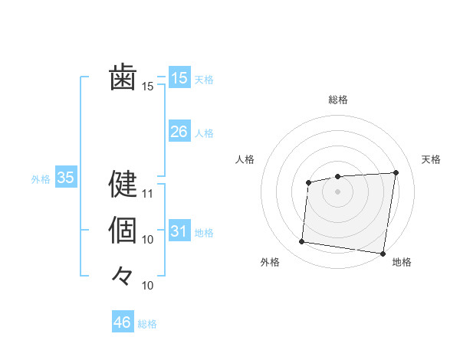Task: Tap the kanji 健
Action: (123, 183)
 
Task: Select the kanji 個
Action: (123, 229)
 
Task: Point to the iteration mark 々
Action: (123, 275)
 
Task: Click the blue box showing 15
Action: (179, 77)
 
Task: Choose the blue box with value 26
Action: (179, 132)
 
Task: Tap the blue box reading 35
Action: (66, 178)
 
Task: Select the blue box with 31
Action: (179, 231)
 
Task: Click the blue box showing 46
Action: (123, 322)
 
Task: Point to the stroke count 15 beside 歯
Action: (148, 87)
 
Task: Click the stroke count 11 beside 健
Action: (148, 194)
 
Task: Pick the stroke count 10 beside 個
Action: (148, 240)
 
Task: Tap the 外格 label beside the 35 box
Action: (41, 179)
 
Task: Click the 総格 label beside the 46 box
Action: (147, 324)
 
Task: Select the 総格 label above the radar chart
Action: (338, 100)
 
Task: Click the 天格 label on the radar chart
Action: (431, 159)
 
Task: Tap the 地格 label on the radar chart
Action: (402, 262)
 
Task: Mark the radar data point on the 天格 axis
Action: (396, 172)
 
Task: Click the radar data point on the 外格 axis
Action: (302, 242)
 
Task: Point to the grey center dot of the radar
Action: (337, 191)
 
